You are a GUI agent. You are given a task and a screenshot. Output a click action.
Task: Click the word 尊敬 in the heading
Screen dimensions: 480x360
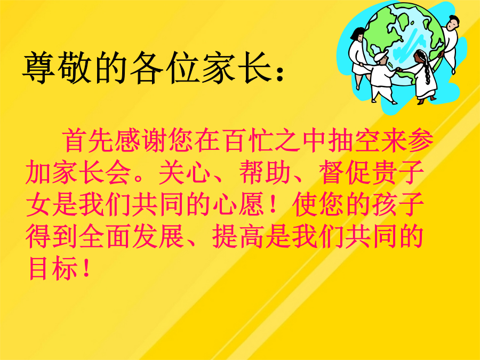(57, 67)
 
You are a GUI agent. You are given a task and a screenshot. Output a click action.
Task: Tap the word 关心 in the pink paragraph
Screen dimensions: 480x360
(185, 172)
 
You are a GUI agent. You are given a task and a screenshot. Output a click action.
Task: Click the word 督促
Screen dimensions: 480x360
(345, 172)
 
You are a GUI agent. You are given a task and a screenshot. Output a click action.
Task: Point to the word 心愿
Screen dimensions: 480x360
(238, 204)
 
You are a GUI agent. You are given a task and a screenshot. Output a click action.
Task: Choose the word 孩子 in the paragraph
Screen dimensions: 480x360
(398, 204)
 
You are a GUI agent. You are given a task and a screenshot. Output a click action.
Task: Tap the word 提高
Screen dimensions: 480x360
(238, 236)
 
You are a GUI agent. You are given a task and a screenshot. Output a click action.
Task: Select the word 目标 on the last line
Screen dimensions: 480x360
(52, 268)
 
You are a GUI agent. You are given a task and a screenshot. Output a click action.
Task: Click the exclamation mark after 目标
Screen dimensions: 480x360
(86, 268)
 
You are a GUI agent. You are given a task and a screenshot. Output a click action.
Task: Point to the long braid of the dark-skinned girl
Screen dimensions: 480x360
(426, 70)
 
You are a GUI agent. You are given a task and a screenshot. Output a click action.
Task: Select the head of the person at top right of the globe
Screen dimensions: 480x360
(451, 22)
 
